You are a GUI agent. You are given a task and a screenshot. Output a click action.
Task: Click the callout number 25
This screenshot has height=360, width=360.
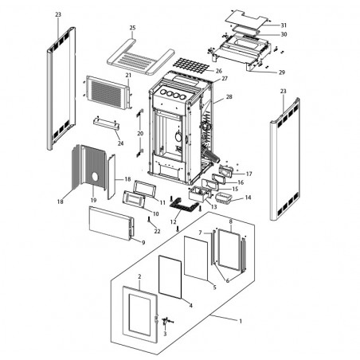tap(132, 28)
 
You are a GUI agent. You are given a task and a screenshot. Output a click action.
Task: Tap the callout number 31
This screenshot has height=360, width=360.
tap(284, 25)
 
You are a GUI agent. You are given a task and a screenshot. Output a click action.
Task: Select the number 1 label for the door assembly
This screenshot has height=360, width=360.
tap(241, 321)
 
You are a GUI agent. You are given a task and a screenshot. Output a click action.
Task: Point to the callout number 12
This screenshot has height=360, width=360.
tap(173, 221)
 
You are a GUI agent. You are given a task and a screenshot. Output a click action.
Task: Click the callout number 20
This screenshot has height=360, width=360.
tap(140, 133)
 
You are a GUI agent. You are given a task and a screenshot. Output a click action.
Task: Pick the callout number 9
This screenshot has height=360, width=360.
tap(143, 242)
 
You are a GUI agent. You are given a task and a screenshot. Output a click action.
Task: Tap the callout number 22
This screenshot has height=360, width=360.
tap(157, 231)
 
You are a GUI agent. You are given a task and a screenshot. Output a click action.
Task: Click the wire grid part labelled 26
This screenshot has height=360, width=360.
tap(190, 65)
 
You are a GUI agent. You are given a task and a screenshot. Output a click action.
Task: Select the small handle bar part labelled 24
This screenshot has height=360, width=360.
tap(106, 124)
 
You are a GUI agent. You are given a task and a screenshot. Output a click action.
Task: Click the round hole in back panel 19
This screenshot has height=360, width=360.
tap(95, 177)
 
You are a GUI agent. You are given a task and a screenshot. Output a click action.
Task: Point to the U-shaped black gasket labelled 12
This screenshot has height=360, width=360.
tap(184, 206)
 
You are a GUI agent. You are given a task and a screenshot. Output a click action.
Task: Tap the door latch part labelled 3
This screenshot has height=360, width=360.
tap(166, 321)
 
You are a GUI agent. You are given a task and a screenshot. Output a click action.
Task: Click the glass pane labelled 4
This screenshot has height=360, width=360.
tap(170, 277)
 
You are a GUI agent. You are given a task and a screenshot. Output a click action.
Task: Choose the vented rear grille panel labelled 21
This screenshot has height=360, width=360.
tap(108, 92)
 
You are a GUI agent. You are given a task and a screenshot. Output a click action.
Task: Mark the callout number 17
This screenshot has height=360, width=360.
tap(248, 174)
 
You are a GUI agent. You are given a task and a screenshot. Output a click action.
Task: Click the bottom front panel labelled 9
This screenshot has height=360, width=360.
tap(112, 223)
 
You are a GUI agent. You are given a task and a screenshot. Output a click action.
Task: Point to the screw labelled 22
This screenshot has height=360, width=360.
tap(149, 219)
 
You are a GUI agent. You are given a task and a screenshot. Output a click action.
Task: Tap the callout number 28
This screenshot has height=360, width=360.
tap(229, 97)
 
